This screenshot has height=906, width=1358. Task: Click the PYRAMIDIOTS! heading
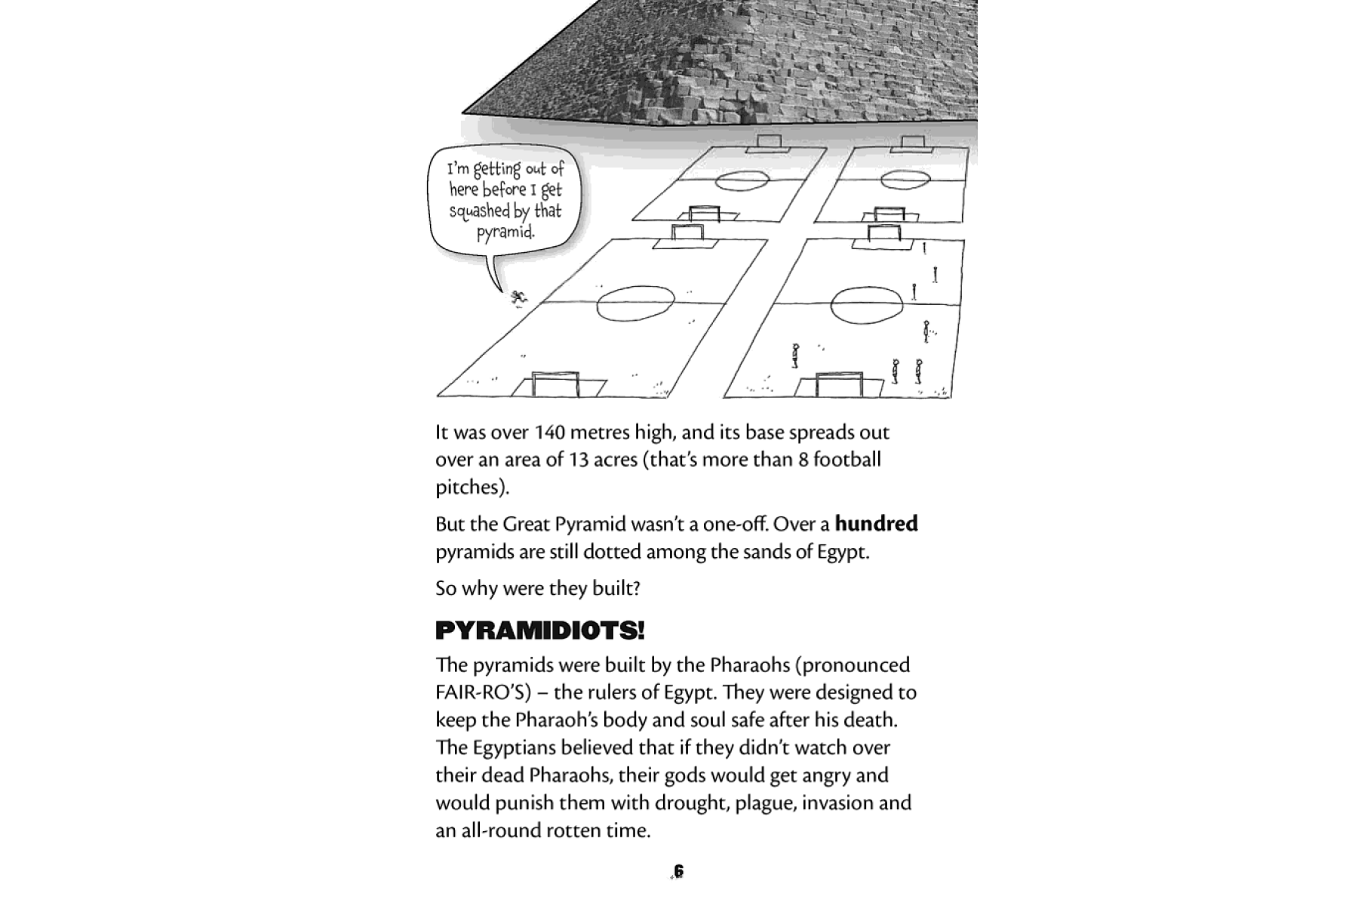[x=539, y=630]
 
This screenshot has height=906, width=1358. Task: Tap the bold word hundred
[x=876, y=524]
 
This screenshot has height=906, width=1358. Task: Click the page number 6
[x=678, y=871]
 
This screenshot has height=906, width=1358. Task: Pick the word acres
[x=615, y=460]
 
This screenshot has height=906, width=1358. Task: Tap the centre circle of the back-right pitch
[x=905, y=180]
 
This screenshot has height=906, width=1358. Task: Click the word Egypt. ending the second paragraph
[x=843, y=552]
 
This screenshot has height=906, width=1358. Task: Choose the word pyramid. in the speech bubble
[x=505, y=232]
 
